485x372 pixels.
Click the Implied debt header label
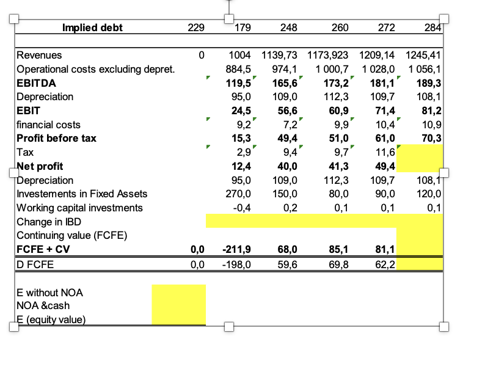point(92,27)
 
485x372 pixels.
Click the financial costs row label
point(48,125)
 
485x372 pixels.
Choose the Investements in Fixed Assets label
point(82,194)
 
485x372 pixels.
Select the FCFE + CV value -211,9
point(235,249)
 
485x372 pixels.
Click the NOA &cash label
point(43,306)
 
